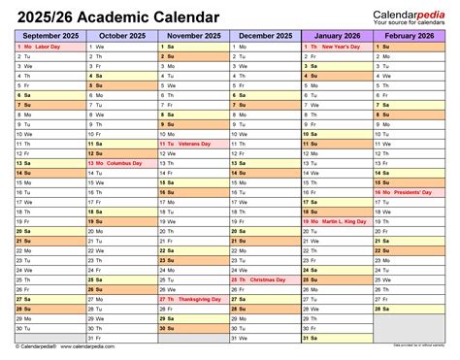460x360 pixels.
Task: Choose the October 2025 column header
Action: pos(120,35)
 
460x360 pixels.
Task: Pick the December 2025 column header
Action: pos(265,35)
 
